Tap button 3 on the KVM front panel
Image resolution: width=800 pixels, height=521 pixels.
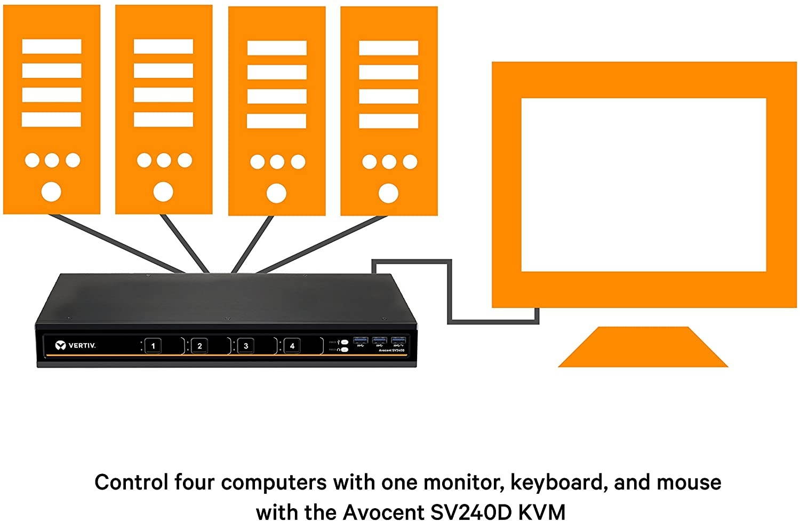[x=246, y=346]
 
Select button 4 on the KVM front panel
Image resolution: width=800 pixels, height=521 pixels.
[x=292, y=346]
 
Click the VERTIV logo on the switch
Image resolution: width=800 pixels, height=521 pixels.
[x=75, y=345]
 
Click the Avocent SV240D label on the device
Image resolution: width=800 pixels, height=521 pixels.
[x=391, y=350]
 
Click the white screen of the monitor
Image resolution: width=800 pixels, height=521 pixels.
[x=643, y=185]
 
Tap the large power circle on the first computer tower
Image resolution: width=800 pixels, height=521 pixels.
[x=51, y=191]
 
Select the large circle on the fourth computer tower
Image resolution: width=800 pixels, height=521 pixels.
[x=388, y=193]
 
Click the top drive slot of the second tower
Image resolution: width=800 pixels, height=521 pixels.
[x=163, y=46]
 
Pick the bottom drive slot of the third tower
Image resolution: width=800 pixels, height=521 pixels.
[x=277, y=121]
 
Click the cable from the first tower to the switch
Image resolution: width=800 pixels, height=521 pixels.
[x=107, y=243]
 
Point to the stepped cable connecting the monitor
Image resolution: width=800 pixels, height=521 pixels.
[x=451, y=291]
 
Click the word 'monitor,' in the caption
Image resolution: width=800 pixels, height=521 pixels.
[x=463, y=483]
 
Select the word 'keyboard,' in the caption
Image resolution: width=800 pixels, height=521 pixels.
[x=558, y=483]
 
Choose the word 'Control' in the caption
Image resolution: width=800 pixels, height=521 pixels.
[x=131, y=483]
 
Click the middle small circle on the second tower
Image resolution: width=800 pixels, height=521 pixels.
[x=164, y=160]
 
